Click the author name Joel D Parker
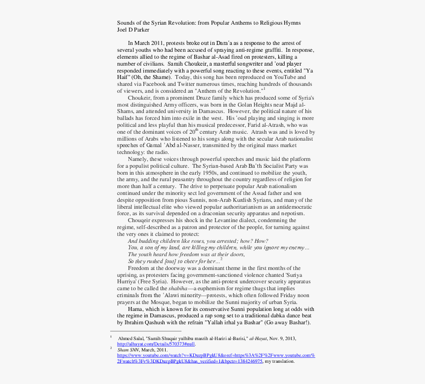tap(133, 30)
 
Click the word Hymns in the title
tap(290, 23)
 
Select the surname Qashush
tap(164, 323)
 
